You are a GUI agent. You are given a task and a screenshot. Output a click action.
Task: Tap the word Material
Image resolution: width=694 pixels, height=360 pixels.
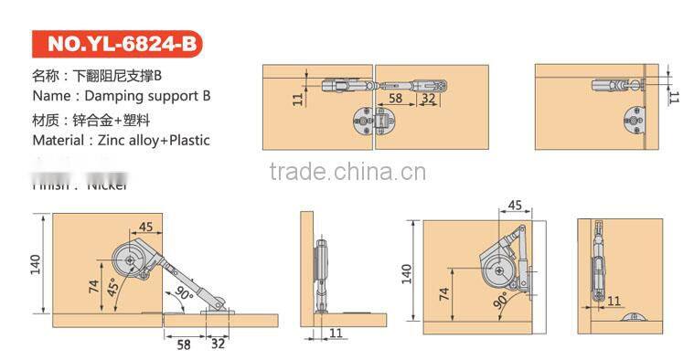tap(62, 140)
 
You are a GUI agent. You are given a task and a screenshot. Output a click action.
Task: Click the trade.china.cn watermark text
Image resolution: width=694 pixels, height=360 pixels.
tap(348, 172)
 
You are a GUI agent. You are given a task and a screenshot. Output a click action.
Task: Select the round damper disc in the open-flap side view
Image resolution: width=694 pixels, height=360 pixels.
tap(134, 261)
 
